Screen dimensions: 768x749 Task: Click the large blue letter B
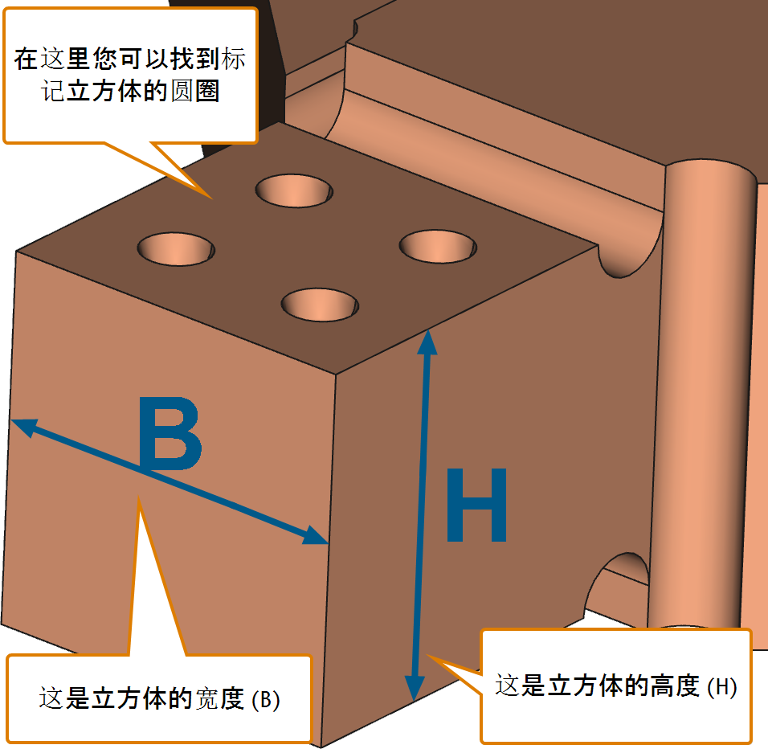tap(170, 433)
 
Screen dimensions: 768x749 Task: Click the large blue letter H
tap(476, 505)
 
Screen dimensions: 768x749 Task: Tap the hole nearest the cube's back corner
tap(294, 190)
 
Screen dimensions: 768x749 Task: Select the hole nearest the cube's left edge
tap(176, 249)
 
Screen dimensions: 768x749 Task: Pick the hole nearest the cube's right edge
tap(438, 247)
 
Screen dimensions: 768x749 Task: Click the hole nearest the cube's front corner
tap(320, 305)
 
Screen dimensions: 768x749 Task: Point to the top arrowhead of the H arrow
tap(427, 342)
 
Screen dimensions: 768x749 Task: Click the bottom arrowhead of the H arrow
tap(415, 688)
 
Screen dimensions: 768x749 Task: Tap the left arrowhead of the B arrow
tap(23, 428)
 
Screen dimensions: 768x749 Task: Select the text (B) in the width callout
tap(265, 700)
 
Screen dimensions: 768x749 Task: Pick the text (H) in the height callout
tap(722, 687)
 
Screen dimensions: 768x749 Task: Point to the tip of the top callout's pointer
tap(211, 199)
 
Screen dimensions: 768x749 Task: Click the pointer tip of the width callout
tap(139, 496)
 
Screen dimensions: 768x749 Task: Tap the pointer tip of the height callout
tap(427, 654)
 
